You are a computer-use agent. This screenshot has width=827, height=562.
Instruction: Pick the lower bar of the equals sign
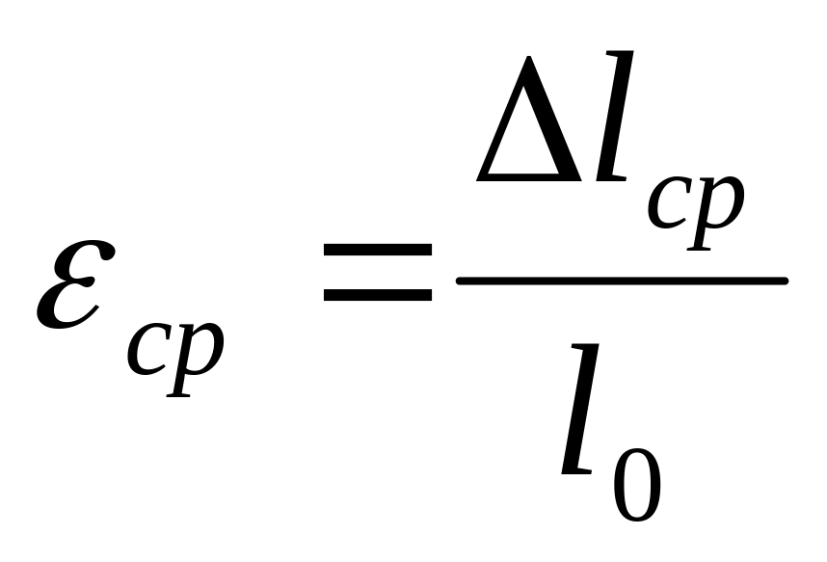[377, 293]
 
